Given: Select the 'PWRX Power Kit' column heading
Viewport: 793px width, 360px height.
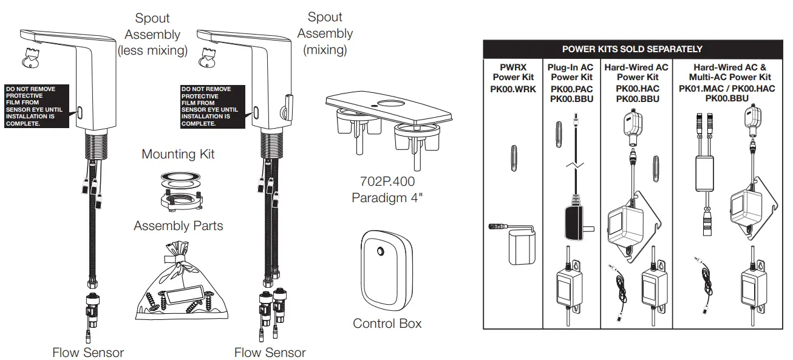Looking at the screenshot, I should [513, 72].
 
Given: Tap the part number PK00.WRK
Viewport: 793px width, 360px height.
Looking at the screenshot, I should [513, 88].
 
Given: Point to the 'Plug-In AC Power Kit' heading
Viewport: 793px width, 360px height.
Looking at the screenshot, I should [571, 72].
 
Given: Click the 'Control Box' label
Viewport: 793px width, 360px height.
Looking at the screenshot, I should [387, 324].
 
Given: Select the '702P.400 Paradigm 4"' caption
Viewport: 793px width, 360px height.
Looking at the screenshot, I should [384, 189].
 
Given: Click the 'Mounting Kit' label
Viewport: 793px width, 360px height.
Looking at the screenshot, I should [178, 154].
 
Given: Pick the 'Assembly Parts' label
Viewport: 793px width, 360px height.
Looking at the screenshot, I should [178, 226].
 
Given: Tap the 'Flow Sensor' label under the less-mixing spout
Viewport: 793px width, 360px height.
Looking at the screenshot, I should [88, 352].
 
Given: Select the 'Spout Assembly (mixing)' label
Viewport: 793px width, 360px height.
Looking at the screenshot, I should [325, 33].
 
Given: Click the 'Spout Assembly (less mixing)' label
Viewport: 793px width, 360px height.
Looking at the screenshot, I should [152, 35].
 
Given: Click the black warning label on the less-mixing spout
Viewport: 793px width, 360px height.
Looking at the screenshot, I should [37, 106].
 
